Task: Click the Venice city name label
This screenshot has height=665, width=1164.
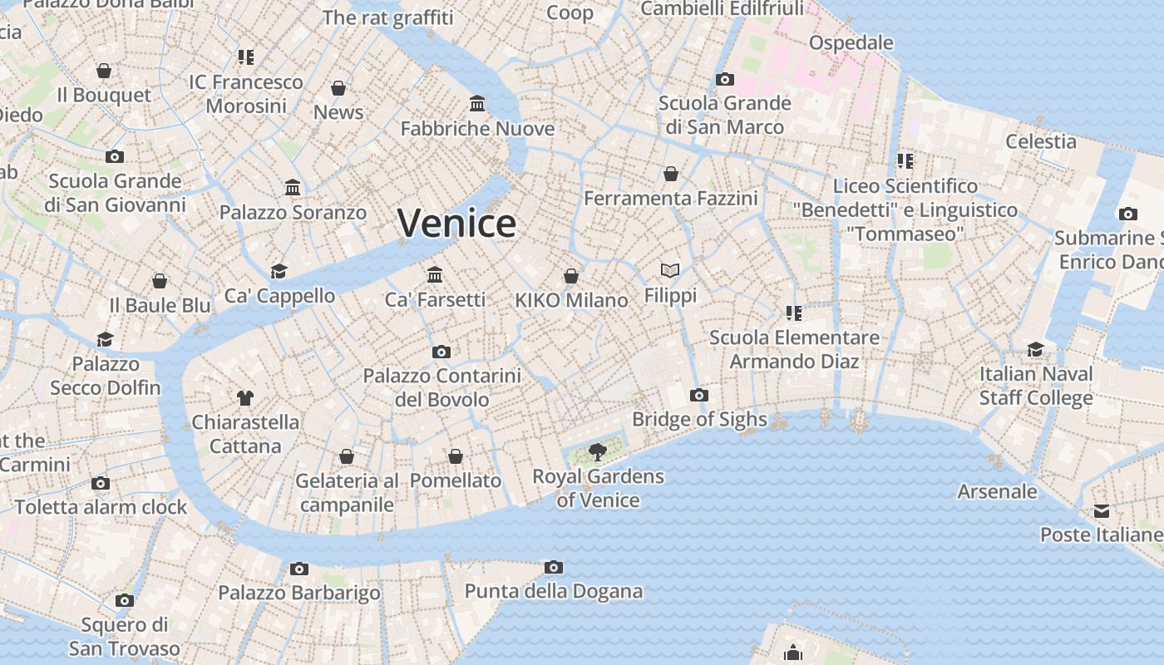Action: (456, 223)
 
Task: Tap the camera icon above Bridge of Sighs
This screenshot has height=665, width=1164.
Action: (699, 395)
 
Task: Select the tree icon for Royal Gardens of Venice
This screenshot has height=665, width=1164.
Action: (597, 451)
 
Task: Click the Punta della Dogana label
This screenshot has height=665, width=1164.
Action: (554, 591)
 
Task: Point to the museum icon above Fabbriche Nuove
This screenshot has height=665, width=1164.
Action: (477, 104)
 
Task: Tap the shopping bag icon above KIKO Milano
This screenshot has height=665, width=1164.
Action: (571, 276)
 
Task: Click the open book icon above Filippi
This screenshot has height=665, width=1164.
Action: (670, 270)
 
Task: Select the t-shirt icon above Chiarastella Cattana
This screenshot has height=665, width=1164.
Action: (244, 397)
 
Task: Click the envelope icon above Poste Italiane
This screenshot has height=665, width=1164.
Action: (1102, 510)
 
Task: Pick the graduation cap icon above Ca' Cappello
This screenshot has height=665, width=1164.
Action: (279, 272)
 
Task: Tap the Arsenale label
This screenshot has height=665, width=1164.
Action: (997, 491)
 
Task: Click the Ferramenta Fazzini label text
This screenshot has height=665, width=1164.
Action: (671, 199)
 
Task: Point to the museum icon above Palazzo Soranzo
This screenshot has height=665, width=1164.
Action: (293, 188)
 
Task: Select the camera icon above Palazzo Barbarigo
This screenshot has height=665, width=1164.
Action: (299, 569)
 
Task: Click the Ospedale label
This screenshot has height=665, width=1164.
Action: (851, 42)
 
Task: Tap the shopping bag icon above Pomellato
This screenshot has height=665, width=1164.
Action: (456, 456)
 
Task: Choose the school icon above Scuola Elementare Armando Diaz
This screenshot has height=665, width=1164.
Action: (793, 313)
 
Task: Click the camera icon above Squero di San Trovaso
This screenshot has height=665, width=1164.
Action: (125, 600)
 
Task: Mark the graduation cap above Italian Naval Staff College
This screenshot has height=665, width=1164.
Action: (1035, 349)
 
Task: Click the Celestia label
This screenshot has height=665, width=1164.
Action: (1041, 141)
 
